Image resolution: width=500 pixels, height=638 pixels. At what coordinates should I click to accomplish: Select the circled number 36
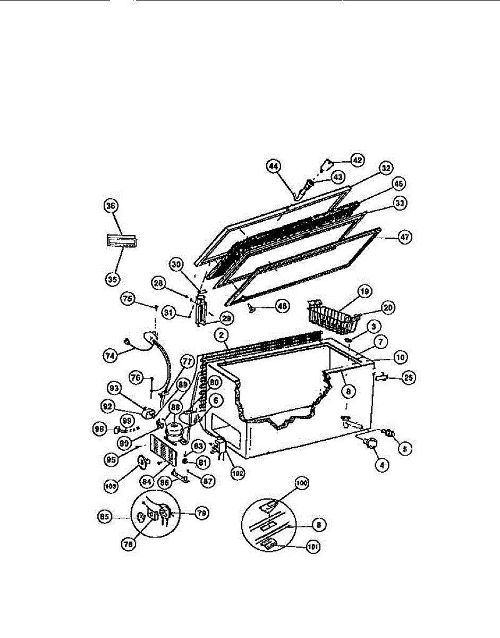tap(112, 206)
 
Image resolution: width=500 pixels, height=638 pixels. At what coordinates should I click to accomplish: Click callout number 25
tap(409, 378)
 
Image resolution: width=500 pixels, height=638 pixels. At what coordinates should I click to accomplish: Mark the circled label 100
tap(302, 484)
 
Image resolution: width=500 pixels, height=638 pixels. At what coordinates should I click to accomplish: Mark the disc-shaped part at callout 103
tap(142, 464)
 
